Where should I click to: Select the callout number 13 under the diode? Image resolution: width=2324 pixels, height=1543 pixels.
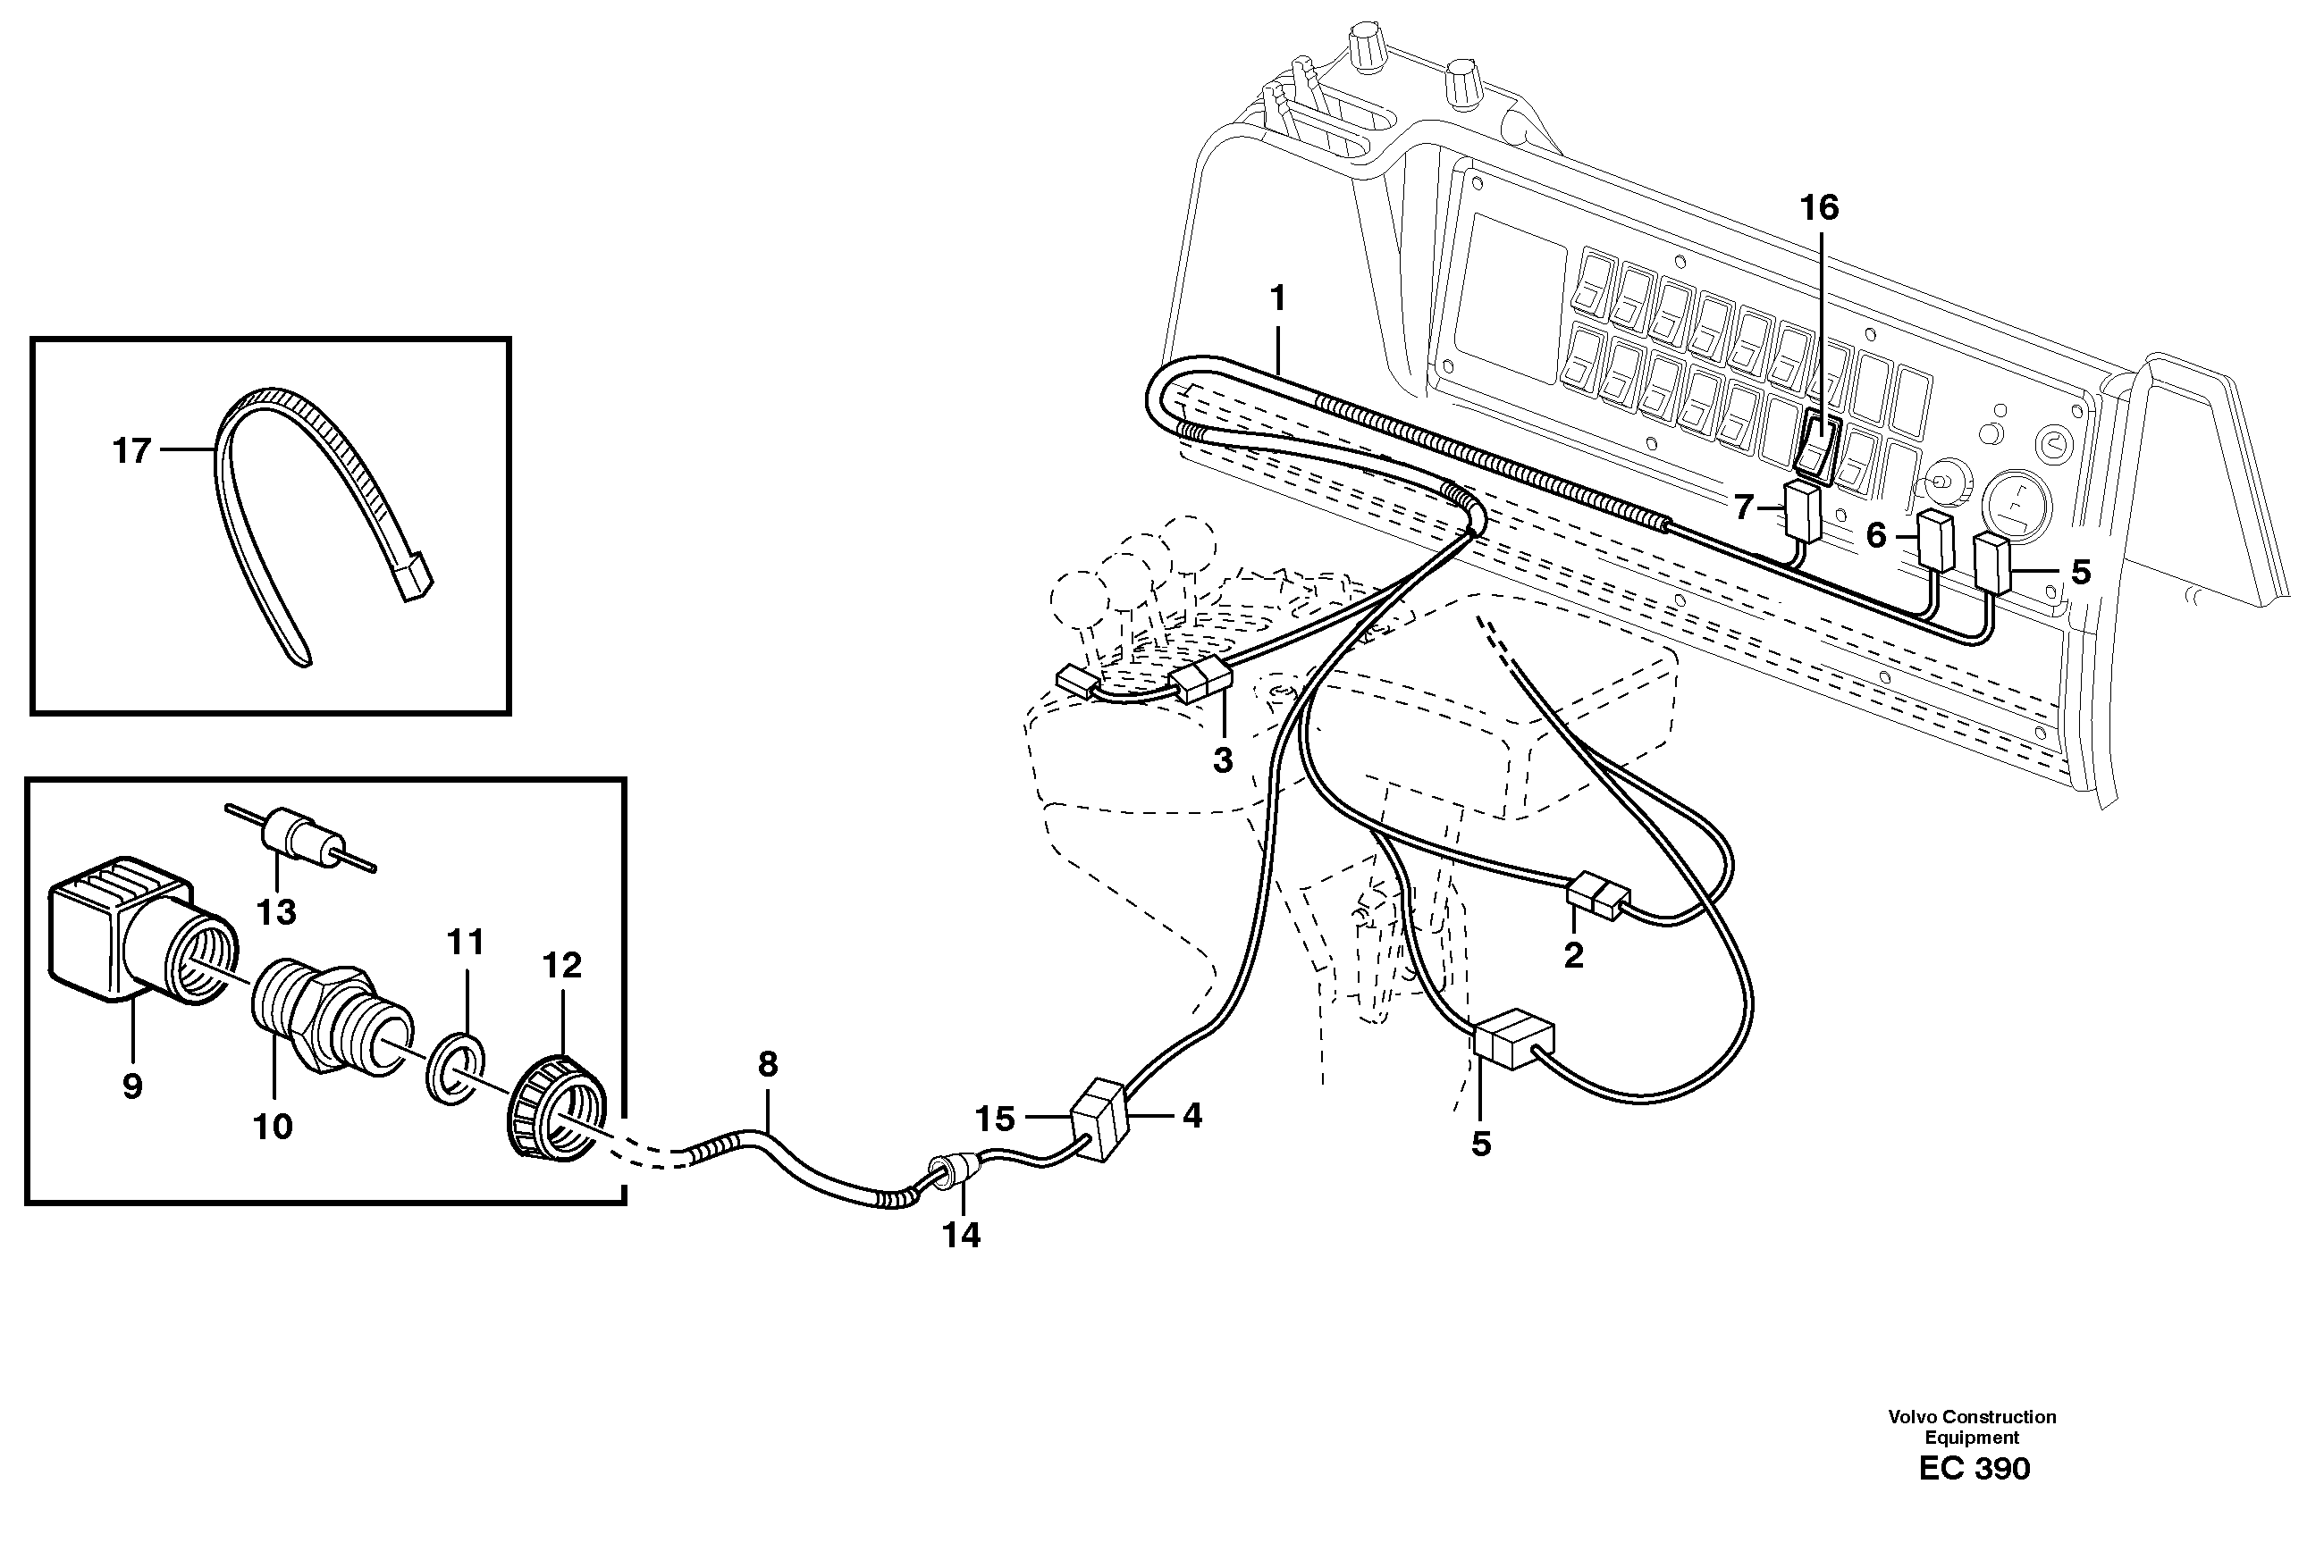click(275, 912)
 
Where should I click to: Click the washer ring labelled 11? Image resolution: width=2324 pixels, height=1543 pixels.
click(456, 1075)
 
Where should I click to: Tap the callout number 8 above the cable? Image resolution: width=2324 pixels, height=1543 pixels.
click(768, 1064)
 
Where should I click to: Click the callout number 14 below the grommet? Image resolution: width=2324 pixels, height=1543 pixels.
click(962, 1235)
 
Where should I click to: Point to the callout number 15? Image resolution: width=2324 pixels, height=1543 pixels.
click(994, 1119)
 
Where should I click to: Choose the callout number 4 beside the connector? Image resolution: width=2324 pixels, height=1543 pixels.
click(1192, 1115)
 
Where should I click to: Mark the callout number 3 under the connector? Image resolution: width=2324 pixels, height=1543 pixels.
click(1222, 760)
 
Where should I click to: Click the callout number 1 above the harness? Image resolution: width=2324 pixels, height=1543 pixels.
click(1277, 298)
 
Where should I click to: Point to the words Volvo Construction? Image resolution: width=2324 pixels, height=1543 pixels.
click(1972, 1417)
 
